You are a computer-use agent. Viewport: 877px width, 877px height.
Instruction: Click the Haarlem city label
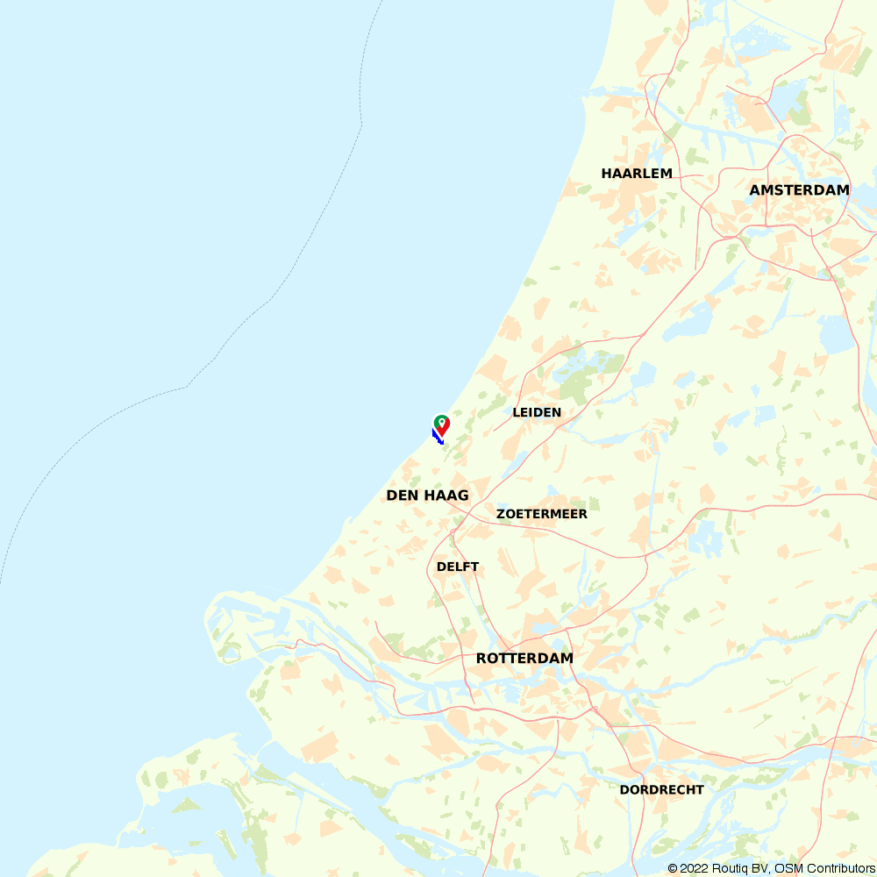637,174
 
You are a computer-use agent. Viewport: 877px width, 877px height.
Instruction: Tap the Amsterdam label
799,190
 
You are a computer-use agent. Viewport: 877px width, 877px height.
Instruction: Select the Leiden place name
537,412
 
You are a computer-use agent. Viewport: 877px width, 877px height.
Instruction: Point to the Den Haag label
427,496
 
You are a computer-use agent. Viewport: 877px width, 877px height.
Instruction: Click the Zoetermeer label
542,514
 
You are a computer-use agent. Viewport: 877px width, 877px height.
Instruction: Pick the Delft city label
458,567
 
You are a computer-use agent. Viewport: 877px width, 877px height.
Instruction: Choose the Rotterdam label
524,658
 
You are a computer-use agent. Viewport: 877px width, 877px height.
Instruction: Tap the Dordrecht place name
661,789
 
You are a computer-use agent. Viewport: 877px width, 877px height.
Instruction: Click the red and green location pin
442,425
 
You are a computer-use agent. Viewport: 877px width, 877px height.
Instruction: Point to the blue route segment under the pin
437,435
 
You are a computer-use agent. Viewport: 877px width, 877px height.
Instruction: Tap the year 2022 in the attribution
694,868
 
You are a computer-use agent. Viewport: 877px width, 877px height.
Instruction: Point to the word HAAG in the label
446,496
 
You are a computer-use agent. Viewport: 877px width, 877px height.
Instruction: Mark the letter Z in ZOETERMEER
501,514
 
